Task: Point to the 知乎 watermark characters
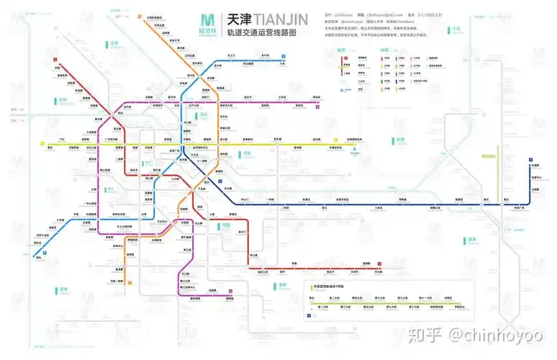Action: click(x=425, y=335)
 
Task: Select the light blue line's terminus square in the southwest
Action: click(x=44, y=253)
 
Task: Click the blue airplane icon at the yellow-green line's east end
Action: click(x=353, y=150)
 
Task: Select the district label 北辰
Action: click(x=114, y=43)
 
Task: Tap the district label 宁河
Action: click(x=455, y=30)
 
